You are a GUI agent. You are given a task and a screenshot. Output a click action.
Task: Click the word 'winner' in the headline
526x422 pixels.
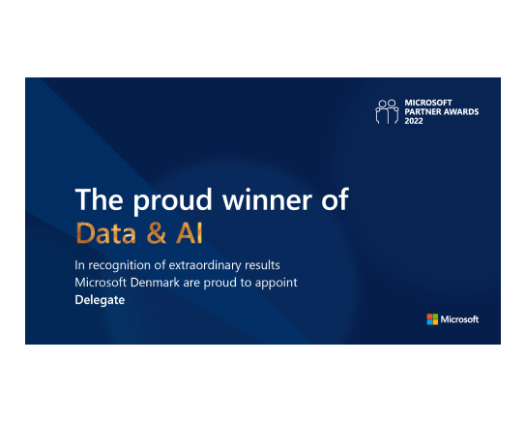pyautogui.click(x=267, y=199)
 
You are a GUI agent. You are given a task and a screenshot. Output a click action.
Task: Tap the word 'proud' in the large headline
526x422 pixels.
pyautogui.click(x=172, y=200)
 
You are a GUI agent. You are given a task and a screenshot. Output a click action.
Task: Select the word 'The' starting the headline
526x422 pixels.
pyautogui.click(x=99, y=199)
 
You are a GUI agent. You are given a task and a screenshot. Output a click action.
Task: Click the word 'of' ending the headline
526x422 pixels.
pyautogui.click(x=335, y=198)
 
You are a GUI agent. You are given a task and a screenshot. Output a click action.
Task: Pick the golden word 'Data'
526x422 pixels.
pyautogui.click(x=106, y=232)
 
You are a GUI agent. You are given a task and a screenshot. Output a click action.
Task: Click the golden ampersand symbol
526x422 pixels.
pyautogui.click(x=157, y=232)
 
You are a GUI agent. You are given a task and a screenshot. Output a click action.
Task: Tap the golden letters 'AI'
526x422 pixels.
pyautogui.click(x=190, y=232)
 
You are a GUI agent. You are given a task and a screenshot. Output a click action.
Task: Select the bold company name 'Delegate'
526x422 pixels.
pyautogui.click(x=100, y=300)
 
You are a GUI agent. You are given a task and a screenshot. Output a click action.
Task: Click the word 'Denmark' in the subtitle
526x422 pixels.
pyautogui.click(x=155, y=283)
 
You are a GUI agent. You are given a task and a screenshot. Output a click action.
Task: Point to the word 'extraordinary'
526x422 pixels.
pyautogui.click(x=205, y=265)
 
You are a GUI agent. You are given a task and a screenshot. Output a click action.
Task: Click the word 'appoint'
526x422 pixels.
pyautogui.click(x=277, y=283)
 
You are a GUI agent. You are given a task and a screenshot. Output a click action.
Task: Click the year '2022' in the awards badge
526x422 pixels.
pyautogui.click(x=414, y=121)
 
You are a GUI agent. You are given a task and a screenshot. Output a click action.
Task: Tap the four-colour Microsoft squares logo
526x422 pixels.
pyautogui.click(x=432, y=319)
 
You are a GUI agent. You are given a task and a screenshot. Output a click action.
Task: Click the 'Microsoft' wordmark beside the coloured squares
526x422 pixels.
pyautogui.click(x=459, y=319)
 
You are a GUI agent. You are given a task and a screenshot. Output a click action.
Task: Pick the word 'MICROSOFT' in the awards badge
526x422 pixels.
pyautogui.click(x=428, y=103)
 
